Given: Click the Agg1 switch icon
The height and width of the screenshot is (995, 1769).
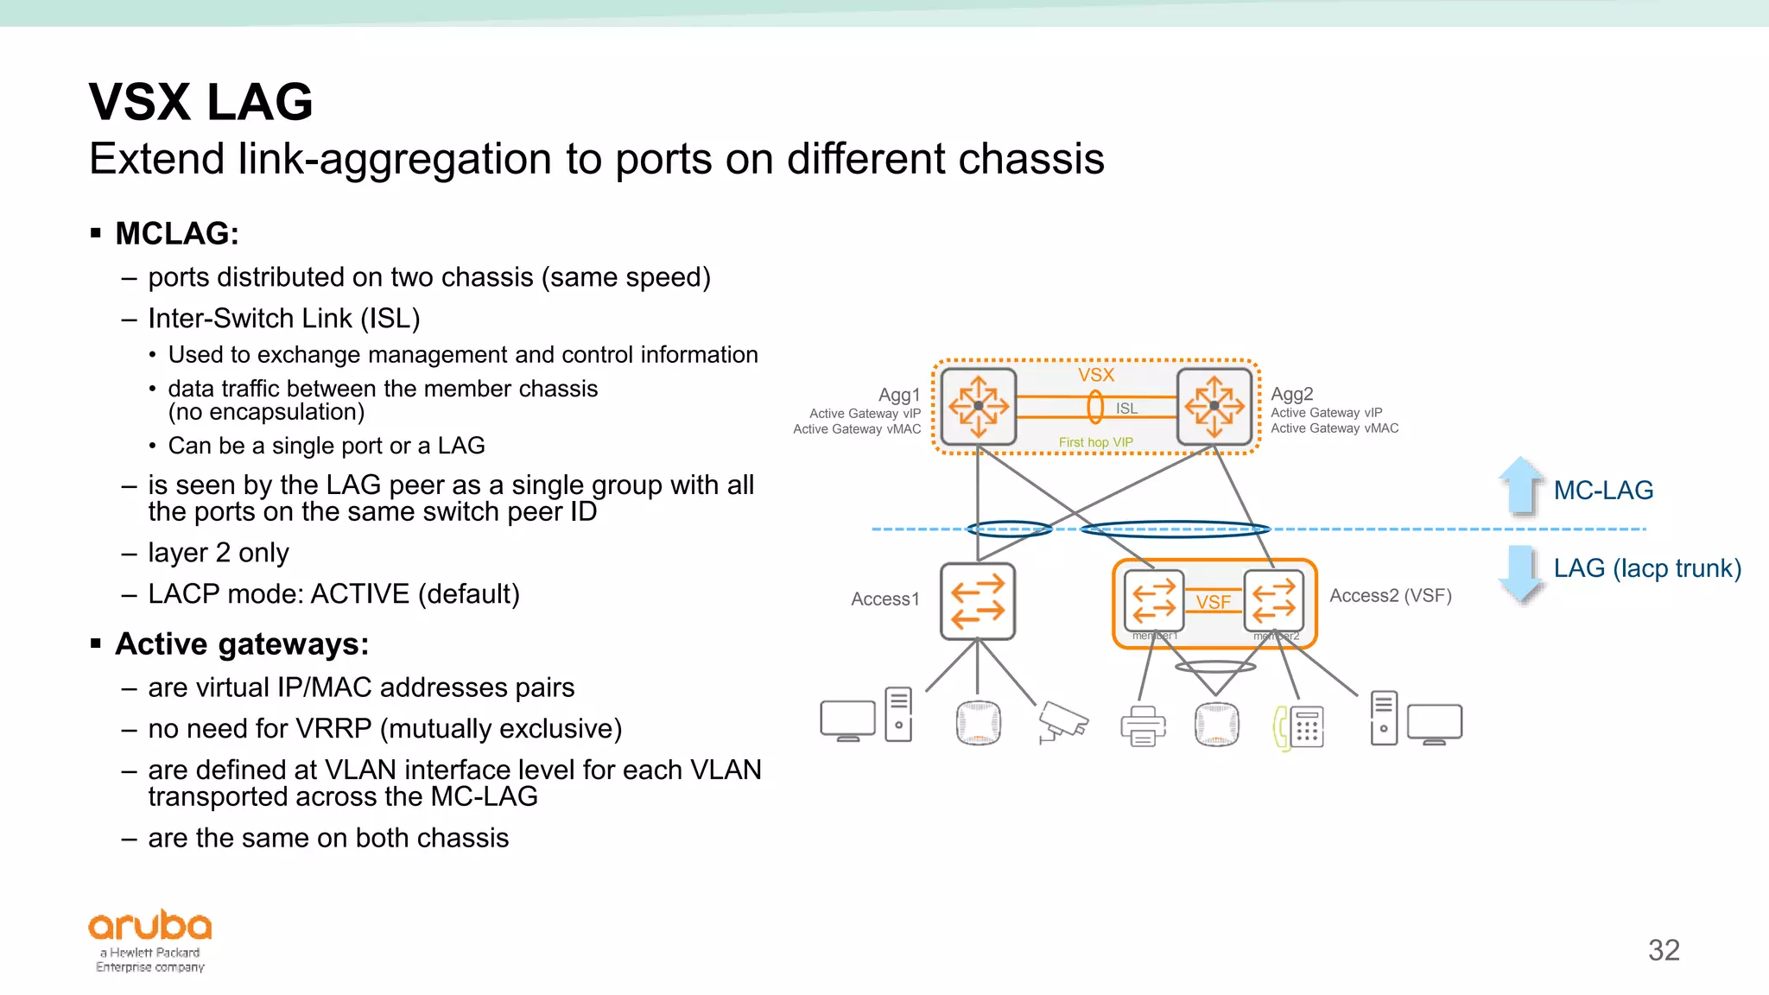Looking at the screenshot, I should pos(978,406).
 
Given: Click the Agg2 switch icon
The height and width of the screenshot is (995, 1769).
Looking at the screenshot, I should pos(1214,406).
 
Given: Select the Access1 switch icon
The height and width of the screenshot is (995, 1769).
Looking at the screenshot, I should pos(977,601).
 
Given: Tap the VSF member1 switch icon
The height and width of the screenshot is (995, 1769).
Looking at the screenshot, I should pos(1154,600).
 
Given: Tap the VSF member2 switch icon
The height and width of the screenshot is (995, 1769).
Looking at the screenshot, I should pos(1274,600).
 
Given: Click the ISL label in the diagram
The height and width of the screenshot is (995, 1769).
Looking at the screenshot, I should pos(1126,409).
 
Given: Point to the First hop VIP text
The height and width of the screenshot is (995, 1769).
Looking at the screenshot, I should pos(1095,442).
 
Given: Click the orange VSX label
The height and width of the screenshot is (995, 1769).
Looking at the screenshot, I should pos(1095,375).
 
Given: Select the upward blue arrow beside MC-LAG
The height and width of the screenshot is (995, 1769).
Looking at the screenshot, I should pos(1520,486).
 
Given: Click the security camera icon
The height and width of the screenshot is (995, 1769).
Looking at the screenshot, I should pos(1062,722).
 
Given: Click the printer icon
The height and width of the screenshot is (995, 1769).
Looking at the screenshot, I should pos(1143,726).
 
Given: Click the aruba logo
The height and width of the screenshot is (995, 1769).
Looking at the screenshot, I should pos(150,926).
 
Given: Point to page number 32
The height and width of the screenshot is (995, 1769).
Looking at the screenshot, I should pos(1664,950).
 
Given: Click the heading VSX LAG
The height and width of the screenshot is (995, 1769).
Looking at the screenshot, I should pos(200,102).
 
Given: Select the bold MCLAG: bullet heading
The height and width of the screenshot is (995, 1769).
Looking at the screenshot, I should pos(177,233).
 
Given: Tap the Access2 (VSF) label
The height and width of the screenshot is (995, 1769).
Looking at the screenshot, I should pos(1390,595).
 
